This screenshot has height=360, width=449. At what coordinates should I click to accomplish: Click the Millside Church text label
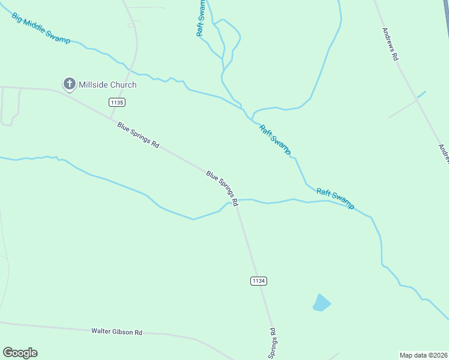(x=107, y=85)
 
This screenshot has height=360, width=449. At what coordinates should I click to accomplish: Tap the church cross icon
(x=70, y=84)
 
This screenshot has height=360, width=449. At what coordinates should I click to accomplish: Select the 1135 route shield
(x=117, y=103)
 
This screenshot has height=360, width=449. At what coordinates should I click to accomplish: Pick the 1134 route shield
(x=258, y=280)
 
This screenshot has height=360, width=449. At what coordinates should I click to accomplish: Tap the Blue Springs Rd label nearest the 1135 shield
(x=139, y=136)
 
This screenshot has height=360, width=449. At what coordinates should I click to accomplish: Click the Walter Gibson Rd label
(x=117, y=331)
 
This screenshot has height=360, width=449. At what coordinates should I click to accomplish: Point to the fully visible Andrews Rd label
(x=391, y=45)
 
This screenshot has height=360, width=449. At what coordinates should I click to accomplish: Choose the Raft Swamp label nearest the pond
(x=335, y=199)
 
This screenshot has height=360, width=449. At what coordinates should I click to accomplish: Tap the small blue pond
(x=321, y=302)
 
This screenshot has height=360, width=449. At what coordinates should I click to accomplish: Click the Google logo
(x=20, y=353)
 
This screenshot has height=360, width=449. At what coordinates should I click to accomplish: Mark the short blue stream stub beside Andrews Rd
(x=421, y=94)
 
